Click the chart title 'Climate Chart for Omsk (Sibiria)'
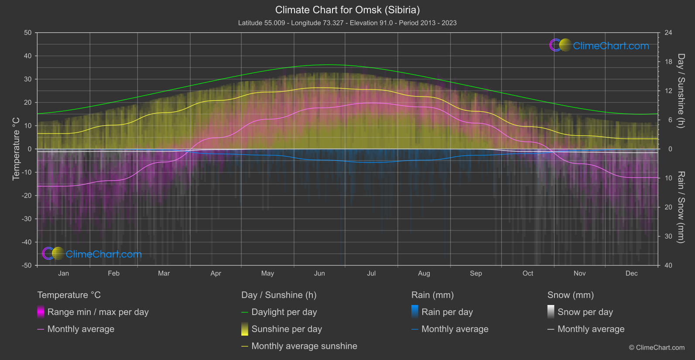[x=347, y=10]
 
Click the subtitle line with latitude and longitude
[x=347, y=23]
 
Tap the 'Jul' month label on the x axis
[x=371, y=273]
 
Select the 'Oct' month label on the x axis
[x=528, y=273]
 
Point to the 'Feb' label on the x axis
[x=113, y=273]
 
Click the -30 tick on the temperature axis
[x=27, y=219]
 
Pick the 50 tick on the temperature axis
[x=28, y=33]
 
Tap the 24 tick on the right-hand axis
[x=668, y=33]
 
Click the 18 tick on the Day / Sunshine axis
[x=668, y=62]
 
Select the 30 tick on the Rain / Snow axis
[x=668, y=237]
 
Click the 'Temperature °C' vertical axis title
[x=16, y=149]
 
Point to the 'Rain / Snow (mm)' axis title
[x=681, y=207]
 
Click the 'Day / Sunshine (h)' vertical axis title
[x=681, y=91]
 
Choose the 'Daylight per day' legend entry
[x=284, y=312]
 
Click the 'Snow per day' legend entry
[x=585, y=312]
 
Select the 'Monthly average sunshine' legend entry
[x=304, y=346]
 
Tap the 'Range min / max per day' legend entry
[x=98, y=312]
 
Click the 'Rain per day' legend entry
[x=447, y=312]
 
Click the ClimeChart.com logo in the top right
[x=599, y=45]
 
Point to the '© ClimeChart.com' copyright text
[x=657, y=347]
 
